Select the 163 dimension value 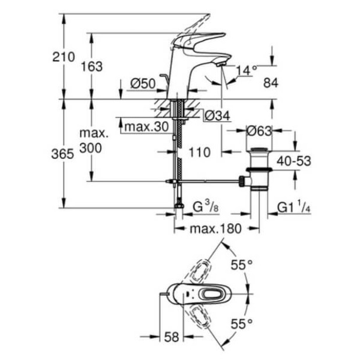tap(91, 66)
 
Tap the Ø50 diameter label tap(142, 84)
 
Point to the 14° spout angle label tap(246, 70)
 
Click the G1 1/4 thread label tap(294, 207)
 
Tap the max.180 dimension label tap(216, 228)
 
